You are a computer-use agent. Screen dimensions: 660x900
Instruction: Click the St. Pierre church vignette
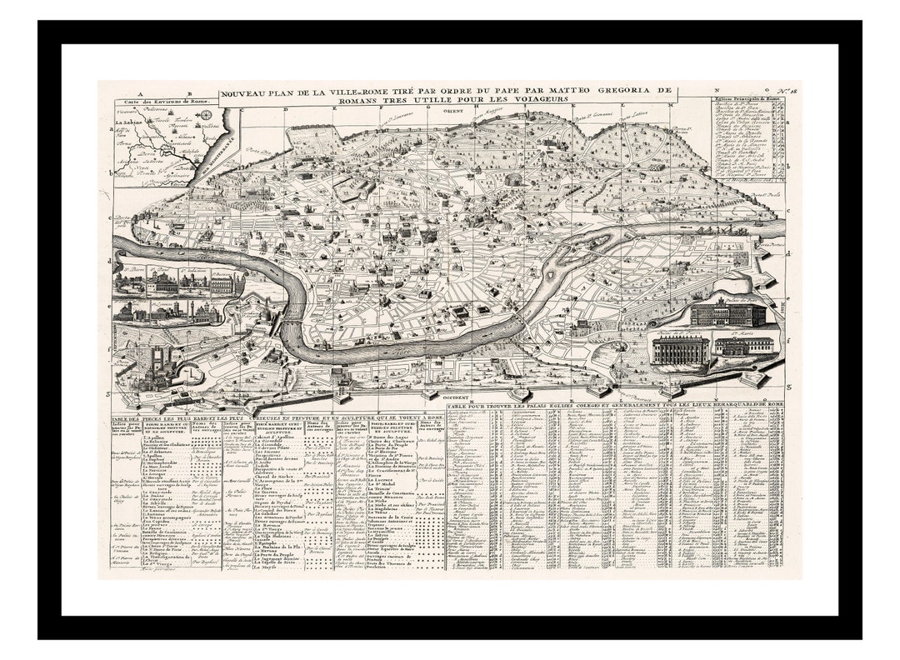pyautogui.click(x=132, y=284)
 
